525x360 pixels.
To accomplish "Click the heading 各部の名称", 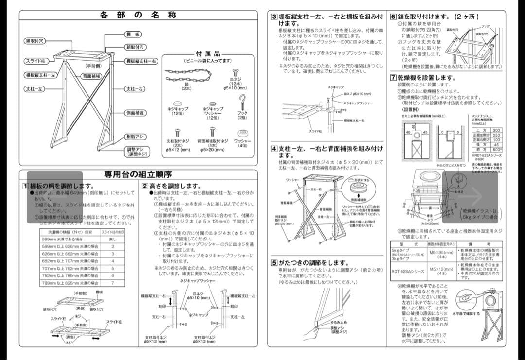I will coord(138,15).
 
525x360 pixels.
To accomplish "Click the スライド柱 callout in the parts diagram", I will coord(35,61).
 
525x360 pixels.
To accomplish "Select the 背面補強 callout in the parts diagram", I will coord(91,76).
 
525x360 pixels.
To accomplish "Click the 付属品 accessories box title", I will coord(208,54).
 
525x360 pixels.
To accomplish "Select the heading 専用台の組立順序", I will coord(138,174).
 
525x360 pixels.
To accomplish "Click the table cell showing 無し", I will coord(112,239).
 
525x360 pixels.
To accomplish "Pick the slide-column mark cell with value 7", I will coord(112,282).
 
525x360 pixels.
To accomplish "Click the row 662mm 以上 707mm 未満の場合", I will coord(70,261).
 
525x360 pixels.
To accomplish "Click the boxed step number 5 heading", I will coord(274,263).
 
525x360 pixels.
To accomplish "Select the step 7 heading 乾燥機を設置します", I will coord(423,78).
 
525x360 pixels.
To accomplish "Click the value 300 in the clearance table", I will coord(495,130).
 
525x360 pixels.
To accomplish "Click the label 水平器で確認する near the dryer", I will coord(466,314).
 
